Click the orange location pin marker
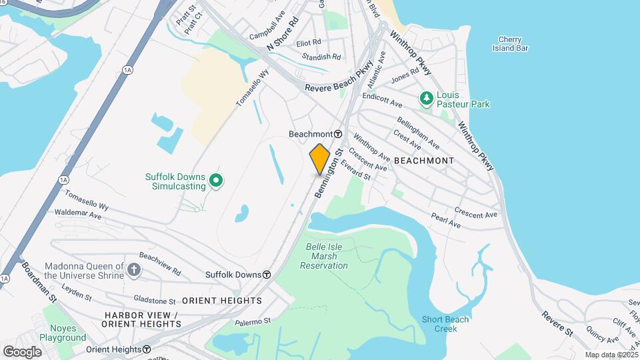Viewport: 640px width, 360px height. [320, 159]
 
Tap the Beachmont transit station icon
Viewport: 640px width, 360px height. [338, 134]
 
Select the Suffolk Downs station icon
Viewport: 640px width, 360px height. [267, 275]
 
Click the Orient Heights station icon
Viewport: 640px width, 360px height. [146, 349]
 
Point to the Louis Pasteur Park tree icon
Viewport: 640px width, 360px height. [427, 99]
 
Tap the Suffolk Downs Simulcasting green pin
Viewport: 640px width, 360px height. [216, 180]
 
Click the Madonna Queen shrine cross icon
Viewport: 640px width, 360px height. [134, 269]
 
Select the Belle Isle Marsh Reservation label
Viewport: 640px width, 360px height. [324, 256]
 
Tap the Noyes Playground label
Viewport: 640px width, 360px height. [63, 333]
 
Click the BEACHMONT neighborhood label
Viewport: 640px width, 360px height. [424, 161]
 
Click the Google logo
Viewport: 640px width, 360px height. [22, 351]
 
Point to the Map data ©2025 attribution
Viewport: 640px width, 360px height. [611, 355]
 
